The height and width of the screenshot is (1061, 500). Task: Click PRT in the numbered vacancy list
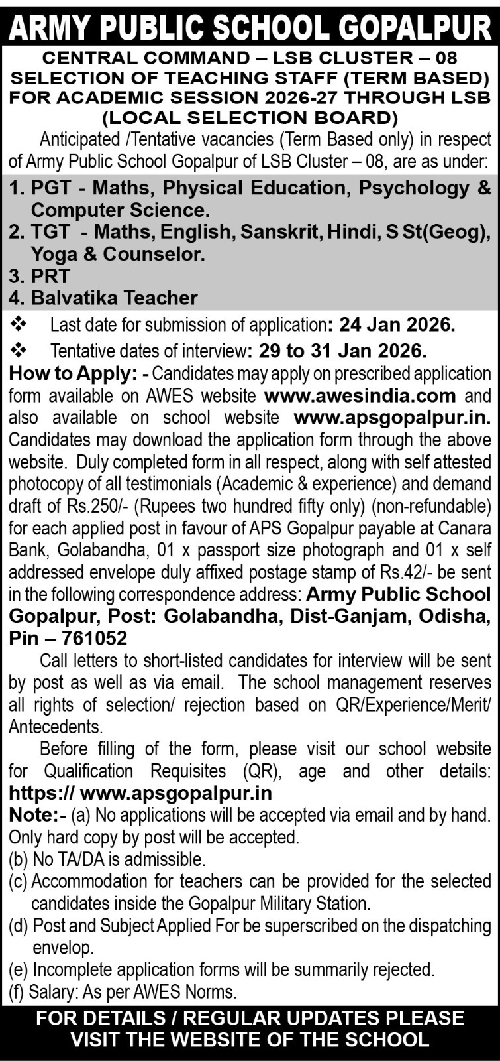[50, 276]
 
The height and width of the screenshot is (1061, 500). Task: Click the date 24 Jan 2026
[397, 325]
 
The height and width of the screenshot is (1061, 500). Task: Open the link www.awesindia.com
[360, 396]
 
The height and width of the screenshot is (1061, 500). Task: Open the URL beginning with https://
[140, 793]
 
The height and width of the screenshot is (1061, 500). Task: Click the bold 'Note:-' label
[37, 815]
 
